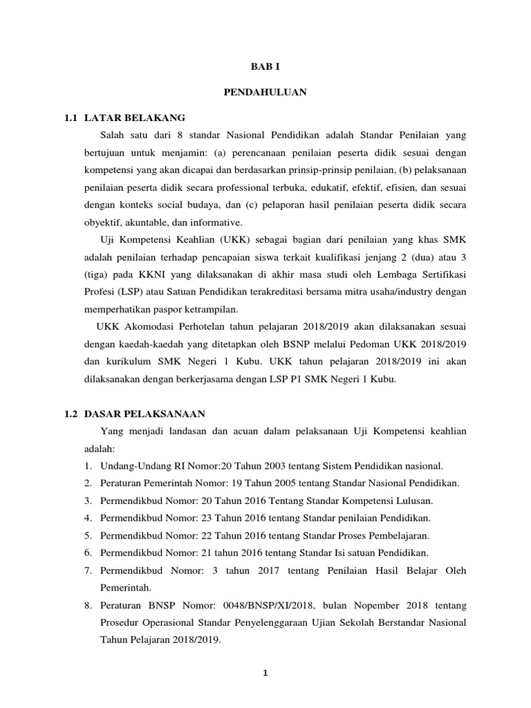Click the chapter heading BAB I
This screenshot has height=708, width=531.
(265, 66)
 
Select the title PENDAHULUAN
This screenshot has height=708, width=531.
(265, 92)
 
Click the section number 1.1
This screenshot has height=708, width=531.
(71, 118)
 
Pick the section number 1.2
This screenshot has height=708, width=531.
(71, 413)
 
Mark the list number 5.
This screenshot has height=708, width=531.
(88, 535)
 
